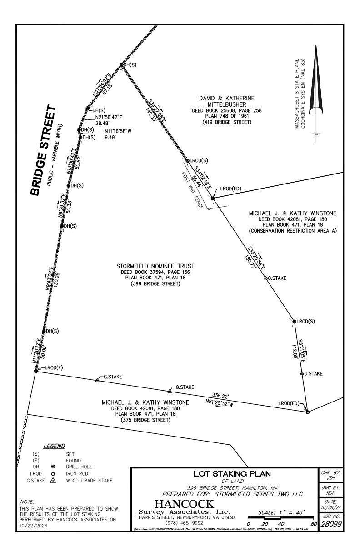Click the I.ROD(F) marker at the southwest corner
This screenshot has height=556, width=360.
pos(35,372)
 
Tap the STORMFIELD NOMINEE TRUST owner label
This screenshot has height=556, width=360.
pos(155,266)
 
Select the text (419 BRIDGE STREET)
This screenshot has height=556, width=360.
pos(226,123)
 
